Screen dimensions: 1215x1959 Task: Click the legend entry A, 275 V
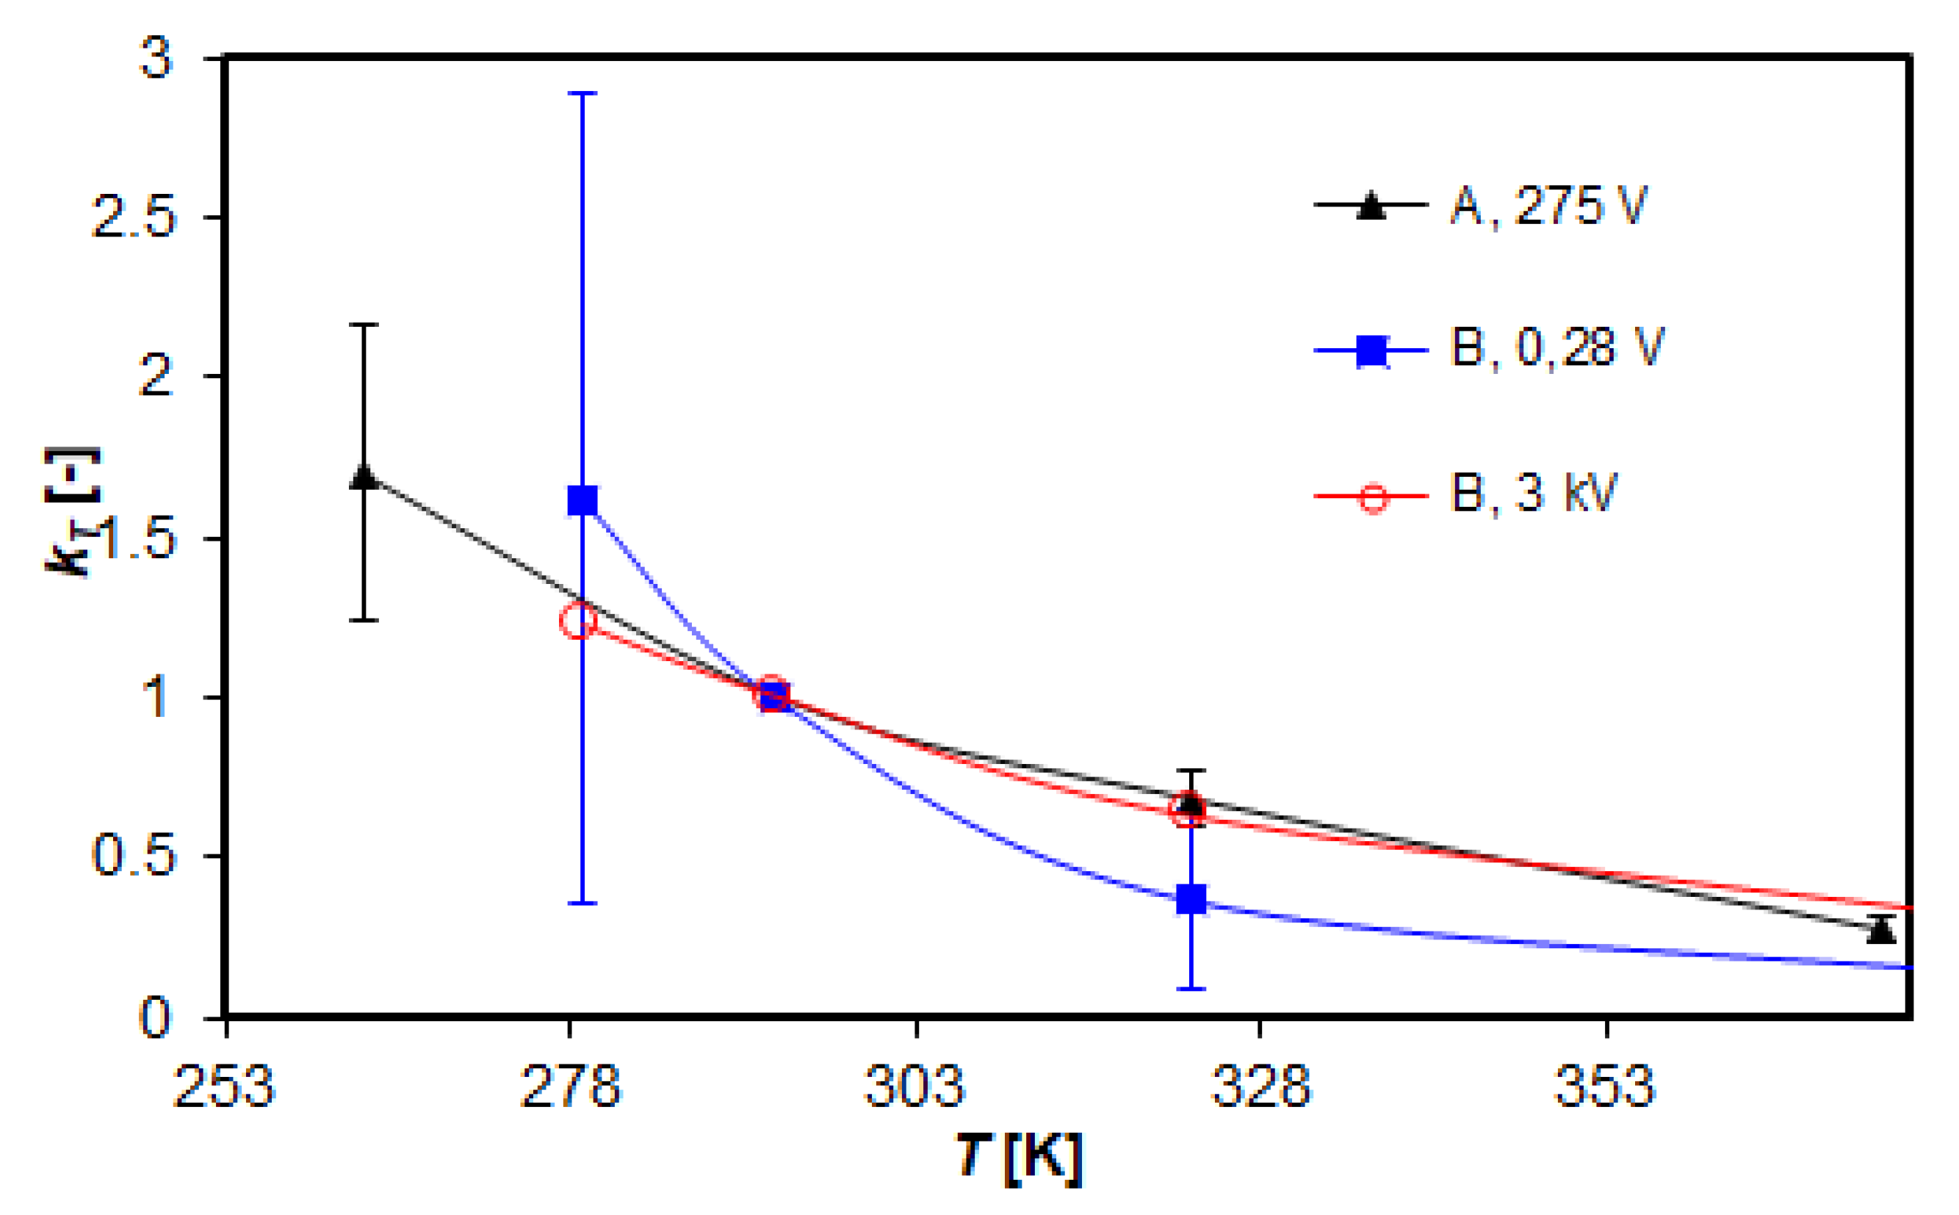(1548, 206)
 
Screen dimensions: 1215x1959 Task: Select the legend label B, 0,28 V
(1556, 350)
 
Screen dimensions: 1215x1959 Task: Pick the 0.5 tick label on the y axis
(134, 856)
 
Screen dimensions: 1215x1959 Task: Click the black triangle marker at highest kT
(364, 477)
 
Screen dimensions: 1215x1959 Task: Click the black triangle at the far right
(1881, 931)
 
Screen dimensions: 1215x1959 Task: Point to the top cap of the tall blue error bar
(582, 93)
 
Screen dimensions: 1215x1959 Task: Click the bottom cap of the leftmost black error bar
(364, 621)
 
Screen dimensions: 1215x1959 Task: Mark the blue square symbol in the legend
(1372, 351)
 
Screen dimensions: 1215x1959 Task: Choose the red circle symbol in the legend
(1372, 497)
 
